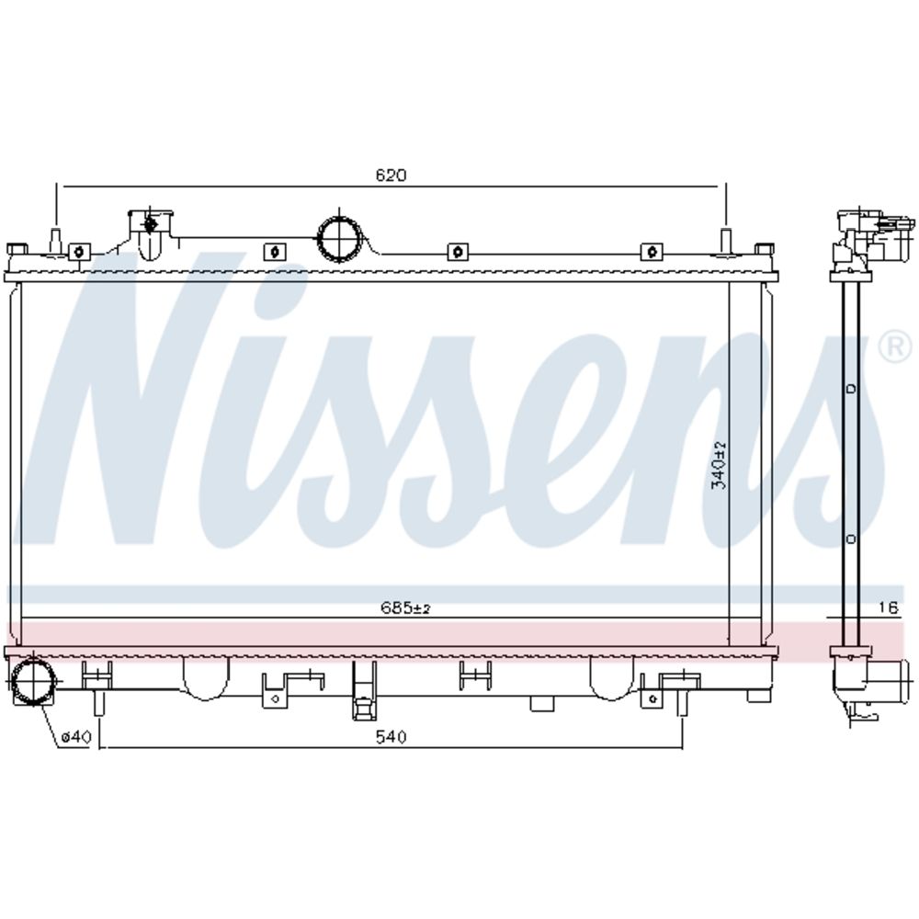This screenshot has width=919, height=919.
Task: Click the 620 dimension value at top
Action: (x=391, y=175)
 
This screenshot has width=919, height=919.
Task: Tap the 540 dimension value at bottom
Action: (x=391, y=736)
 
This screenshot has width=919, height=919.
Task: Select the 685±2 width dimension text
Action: (x=405, y=607)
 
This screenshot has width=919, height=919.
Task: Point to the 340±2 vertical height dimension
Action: (x=719, y=465)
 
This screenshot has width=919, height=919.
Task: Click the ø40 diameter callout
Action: (x=76, y=737)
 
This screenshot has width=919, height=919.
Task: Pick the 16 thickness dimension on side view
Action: (x=889, y=607)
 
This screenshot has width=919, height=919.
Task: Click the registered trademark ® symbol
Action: (x=896, y=346)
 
